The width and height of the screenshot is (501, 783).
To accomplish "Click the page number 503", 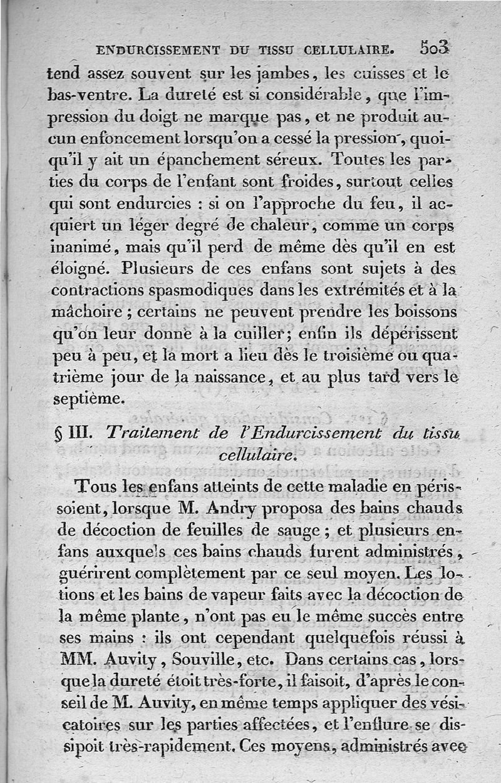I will tap(435, 48).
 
